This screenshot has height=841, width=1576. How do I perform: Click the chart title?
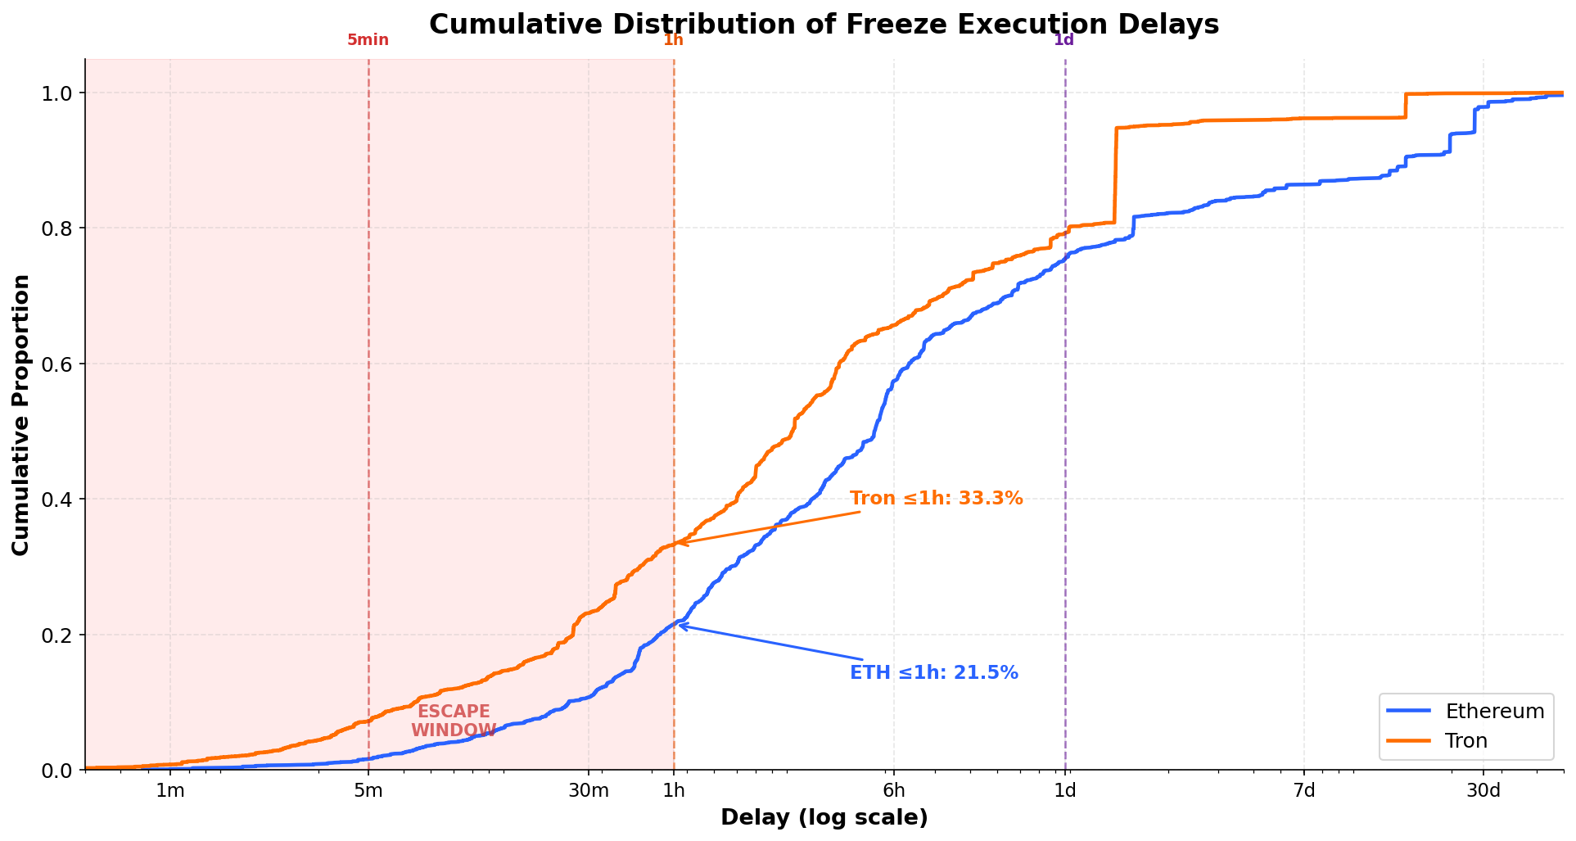(824, 25)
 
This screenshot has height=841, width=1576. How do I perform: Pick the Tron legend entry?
(1465, 741)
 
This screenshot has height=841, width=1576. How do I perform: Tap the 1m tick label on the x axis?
(169, 791)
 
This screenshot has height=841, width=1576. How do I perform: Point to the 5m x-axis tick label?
(368, 791)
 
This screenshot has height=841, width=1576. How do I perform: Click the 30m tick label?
(589, 791)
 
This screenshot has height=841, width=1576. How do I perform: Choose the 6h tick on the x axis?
(894, 791)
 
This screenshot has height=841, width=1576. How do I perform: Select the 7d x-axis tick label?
(1304, 791)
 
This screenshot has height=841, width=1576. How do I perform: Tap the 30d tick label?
(1483, 791)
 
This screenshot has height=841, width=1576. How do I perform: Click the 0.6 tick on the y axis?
(57, 364)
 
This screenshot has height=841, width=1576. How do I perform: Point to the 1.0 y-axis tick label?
(57, 93)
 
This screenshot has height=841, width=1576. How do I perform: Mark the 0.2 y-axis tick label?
(57, 635)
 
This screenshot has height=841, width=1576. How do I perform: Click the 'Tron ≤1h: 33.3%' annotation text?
(937, 498)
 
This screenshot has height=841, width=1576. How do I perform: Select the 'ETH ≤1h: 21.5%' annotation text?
(934, 673)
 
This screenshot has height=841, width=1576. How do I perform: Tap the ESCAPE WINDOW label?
(454, 721)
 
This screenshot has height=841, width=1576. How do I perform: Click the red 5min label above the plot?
(368, 40)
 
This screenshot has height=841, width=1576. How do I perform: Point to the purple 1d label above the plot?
(1063, 40)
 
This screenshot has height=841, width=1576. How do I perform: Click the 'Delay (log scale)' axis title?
(824, 817)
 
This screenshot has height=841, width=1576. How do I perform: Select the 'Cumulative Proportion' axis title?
(21, 414)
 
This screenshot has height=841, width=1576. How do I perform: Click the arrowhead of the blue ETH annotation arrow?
(680, 625)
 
